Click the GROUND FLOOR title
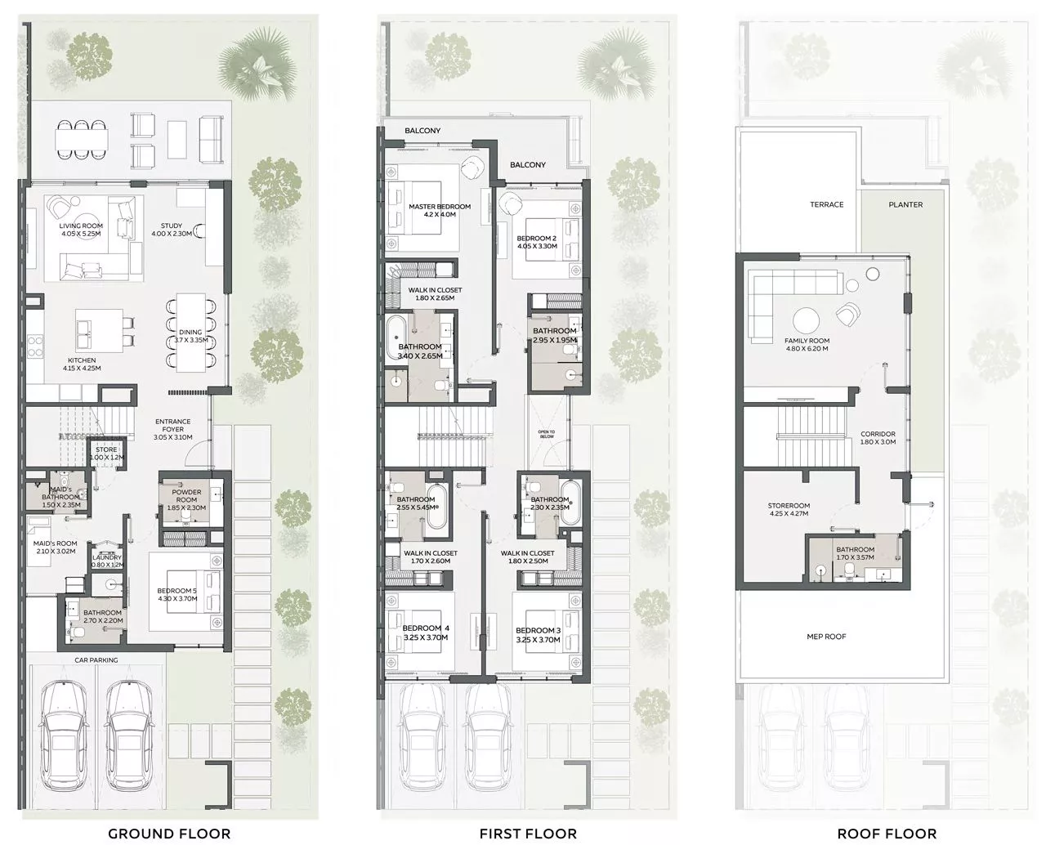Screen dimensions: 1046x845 pos(169,834)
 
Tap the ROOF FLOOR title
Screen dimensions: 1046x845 pos(887,834)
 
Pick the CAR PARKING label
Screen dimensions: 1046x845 pos(96,659)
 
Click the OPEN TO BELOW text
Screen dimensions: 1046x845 pos(547,434)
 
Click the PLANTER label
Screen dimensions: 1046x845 pos(905,205)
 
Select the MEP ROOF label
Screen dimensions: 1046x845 pos(826,637)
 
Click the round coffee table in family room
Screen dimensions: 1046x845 pos(806,321)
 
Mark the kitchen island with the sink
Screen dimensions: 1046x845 pos(99,330)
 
